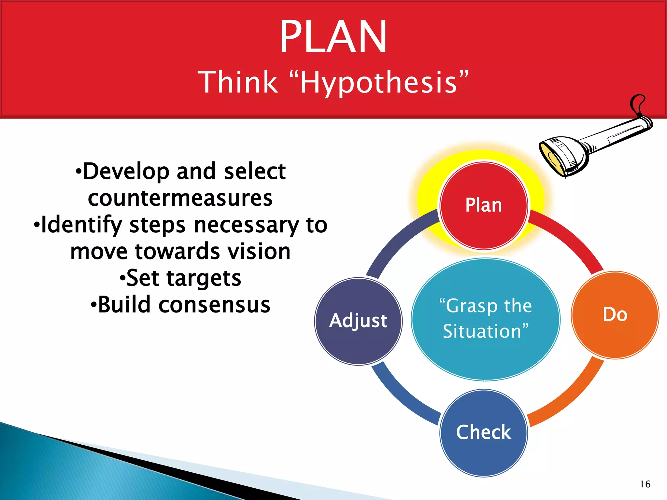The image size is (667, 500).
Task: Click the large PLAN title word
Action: [x=333, y=36]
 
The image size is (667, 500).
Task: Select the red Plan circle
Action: [x=484, y=206]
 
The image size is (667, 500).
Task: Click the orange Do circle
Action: [x=615, y=315]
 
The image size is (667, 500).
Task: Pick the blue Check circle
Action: [x=484, y=433]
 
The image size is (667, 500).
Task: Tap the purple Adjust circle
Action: [x=358, y=321]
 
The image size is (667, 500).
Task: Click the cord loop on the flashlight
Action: [x=638, y=104]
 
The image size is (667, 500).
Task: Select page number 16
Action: [x=645, y=484]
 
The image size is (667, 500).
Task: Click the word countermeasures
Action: [x=180, y=198]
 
